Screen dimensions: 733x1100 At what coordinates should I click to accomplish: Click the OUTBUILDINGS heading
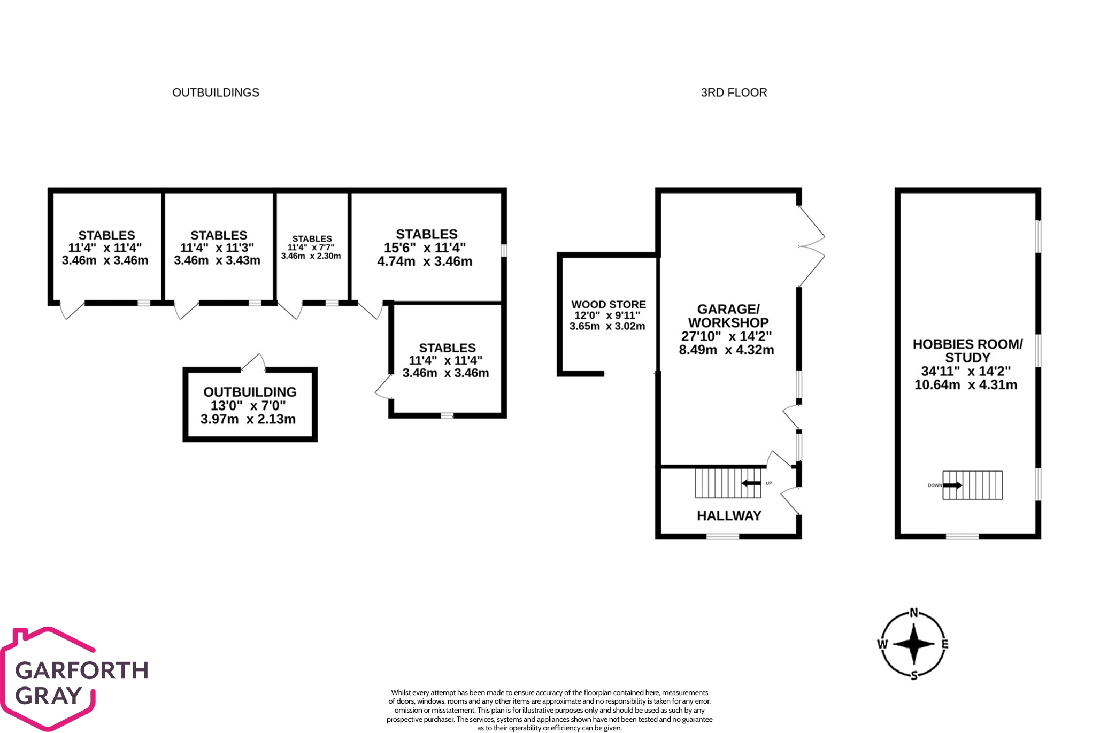[x=216, y=92]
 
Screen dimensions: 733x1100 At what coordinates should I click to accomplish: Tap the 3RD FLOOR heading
[x=734, y=92]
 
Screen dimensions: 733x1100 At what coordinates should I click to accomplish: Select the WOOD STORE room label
[x=608, y=305]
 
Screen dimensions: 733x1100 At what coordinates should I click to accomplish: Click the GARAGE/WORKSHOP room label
[x=728, y=316]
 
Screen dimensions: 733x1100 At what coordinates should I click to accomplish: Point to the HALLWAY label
[x=729, y=515]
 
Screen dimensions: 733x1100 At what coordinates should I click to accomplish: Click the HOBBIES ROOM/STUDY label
[x=967, y=351]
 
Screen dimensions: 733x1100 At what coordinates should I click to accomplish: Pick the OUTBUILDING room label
[x=250, y=392]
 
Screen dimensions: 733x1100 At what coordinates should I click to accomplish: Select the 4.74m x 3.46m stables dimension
[x=425, y=261]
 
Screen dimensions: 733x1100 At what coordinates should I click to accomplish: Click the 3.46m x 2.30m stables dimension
[x=311, y=256]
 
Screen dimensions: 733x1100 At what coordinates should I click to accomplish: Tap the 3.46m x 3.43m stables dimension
[x=217, y=260]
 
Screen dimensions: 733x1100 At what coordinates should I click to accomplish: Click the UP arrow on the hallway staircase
[x=751, y=483]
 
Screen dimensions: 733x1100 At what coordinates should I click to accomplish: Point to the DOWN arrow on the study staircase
[x=952, y=485]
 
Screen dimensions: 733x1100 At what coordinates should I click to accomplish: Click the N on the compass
[x=914, y=613]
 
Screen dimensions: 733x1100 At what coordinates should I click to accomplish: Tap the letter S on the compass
[x=914, y=675]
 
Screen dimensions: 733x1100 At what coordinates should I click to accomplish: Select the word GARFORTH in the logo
[x=82, y=670]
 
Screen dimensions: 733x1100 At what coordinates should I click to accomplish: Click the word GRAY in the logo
[x=48, y=696]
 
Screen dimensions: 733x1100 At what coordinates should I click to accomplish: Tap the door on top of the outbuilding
[x=253, y=363]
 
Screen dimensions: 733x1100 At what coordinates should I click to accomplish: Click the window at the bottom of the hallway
[x=722, y=536]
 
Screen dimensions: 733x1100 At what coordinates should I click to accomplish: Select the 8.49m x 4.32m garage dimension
[x=726, y=350]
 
